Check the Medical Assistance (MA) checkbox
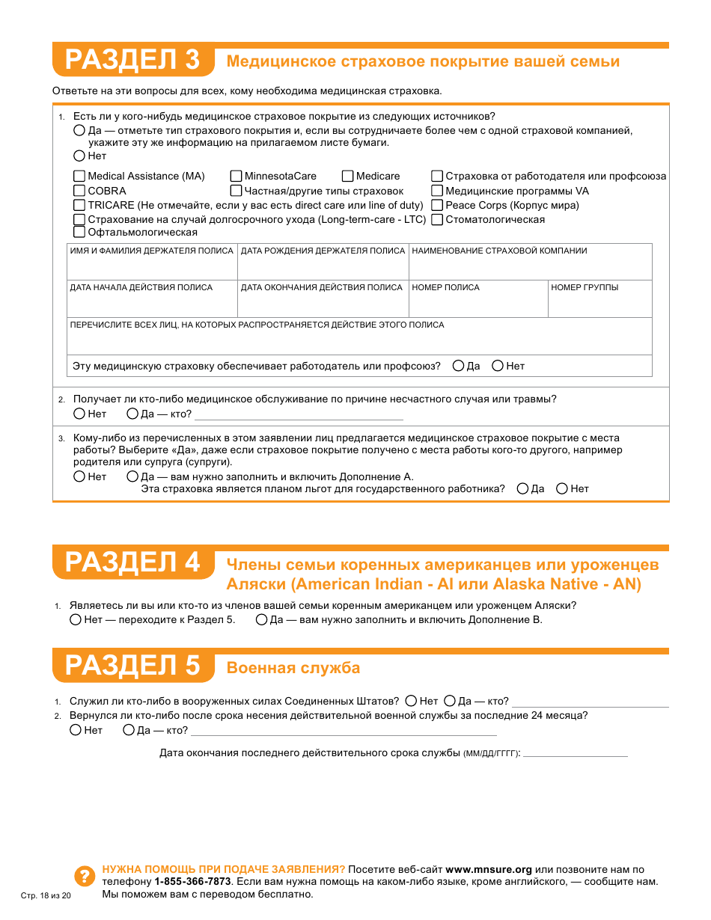pos(79,177)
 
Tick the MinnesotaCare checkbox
pos(237,177)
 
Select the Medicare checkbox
pos(348,177)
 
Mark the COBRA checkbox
pos(79,191)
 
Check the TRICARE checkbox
pos(79,205)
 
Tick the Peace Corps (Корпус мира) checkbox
pos(437,205)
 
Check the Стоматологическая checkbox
pos(437,219)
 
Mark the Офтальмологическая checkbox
pos(79,233)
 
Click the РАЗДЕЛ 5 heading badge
pos(132,666)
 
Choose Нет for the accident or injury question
pos(79,414)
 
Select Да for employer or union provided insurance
pos(458,366)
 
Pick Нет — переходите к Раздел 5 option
pos(76,620)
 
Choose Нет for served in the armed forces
pos(411,702)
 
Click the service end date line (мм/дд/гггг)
pos(575,752)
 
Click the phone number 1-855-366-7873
pos(192,882)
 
